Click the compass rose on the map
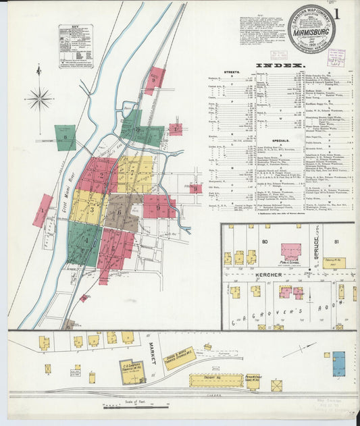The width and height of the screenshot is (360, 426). [39, 99]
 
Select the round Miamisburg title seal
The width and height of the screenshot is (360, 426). [311, 28]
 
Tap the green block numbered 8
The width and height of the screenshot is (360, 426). [66, 138]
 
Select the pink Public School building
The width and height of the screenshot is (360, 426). [291, 250]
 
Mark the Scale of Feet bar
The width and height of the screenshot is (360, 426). [136, 406]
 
